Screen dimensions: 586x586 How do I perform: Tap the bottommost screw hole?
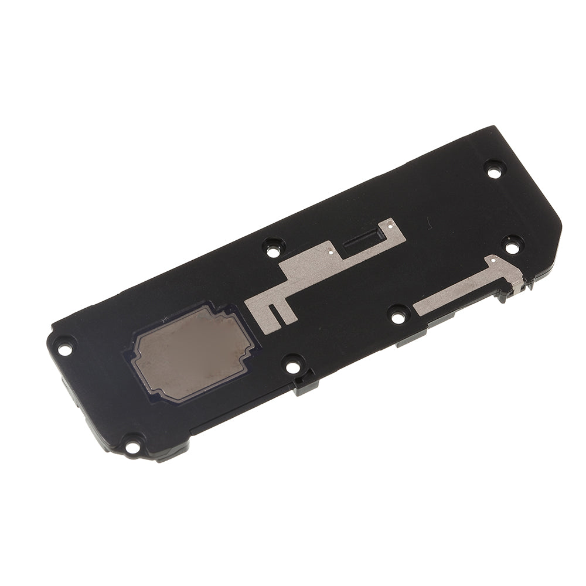[132, 445]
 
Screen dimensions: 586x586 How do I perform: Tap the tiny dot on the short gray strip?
[494, 258]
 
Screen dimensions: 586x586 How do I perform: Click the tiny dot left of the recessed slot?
[332, 253]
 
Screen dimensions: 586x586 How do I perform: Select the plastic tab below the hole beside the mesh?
[305, 386]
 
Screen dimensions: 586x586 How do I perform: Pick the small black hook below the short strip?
[502, 297]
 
